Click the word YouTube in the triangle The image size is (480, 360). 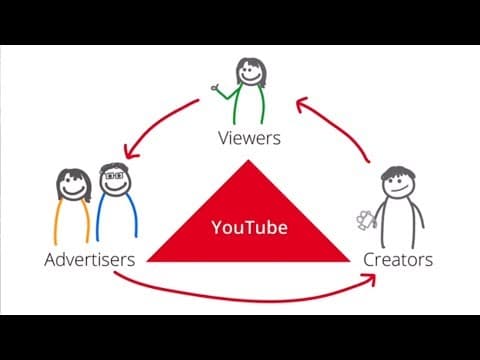(x=249, y=228)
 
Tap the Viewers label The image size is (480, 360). (x=247, y=139)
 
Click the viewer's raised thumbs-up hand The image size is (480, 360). (x=216, y=88)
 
